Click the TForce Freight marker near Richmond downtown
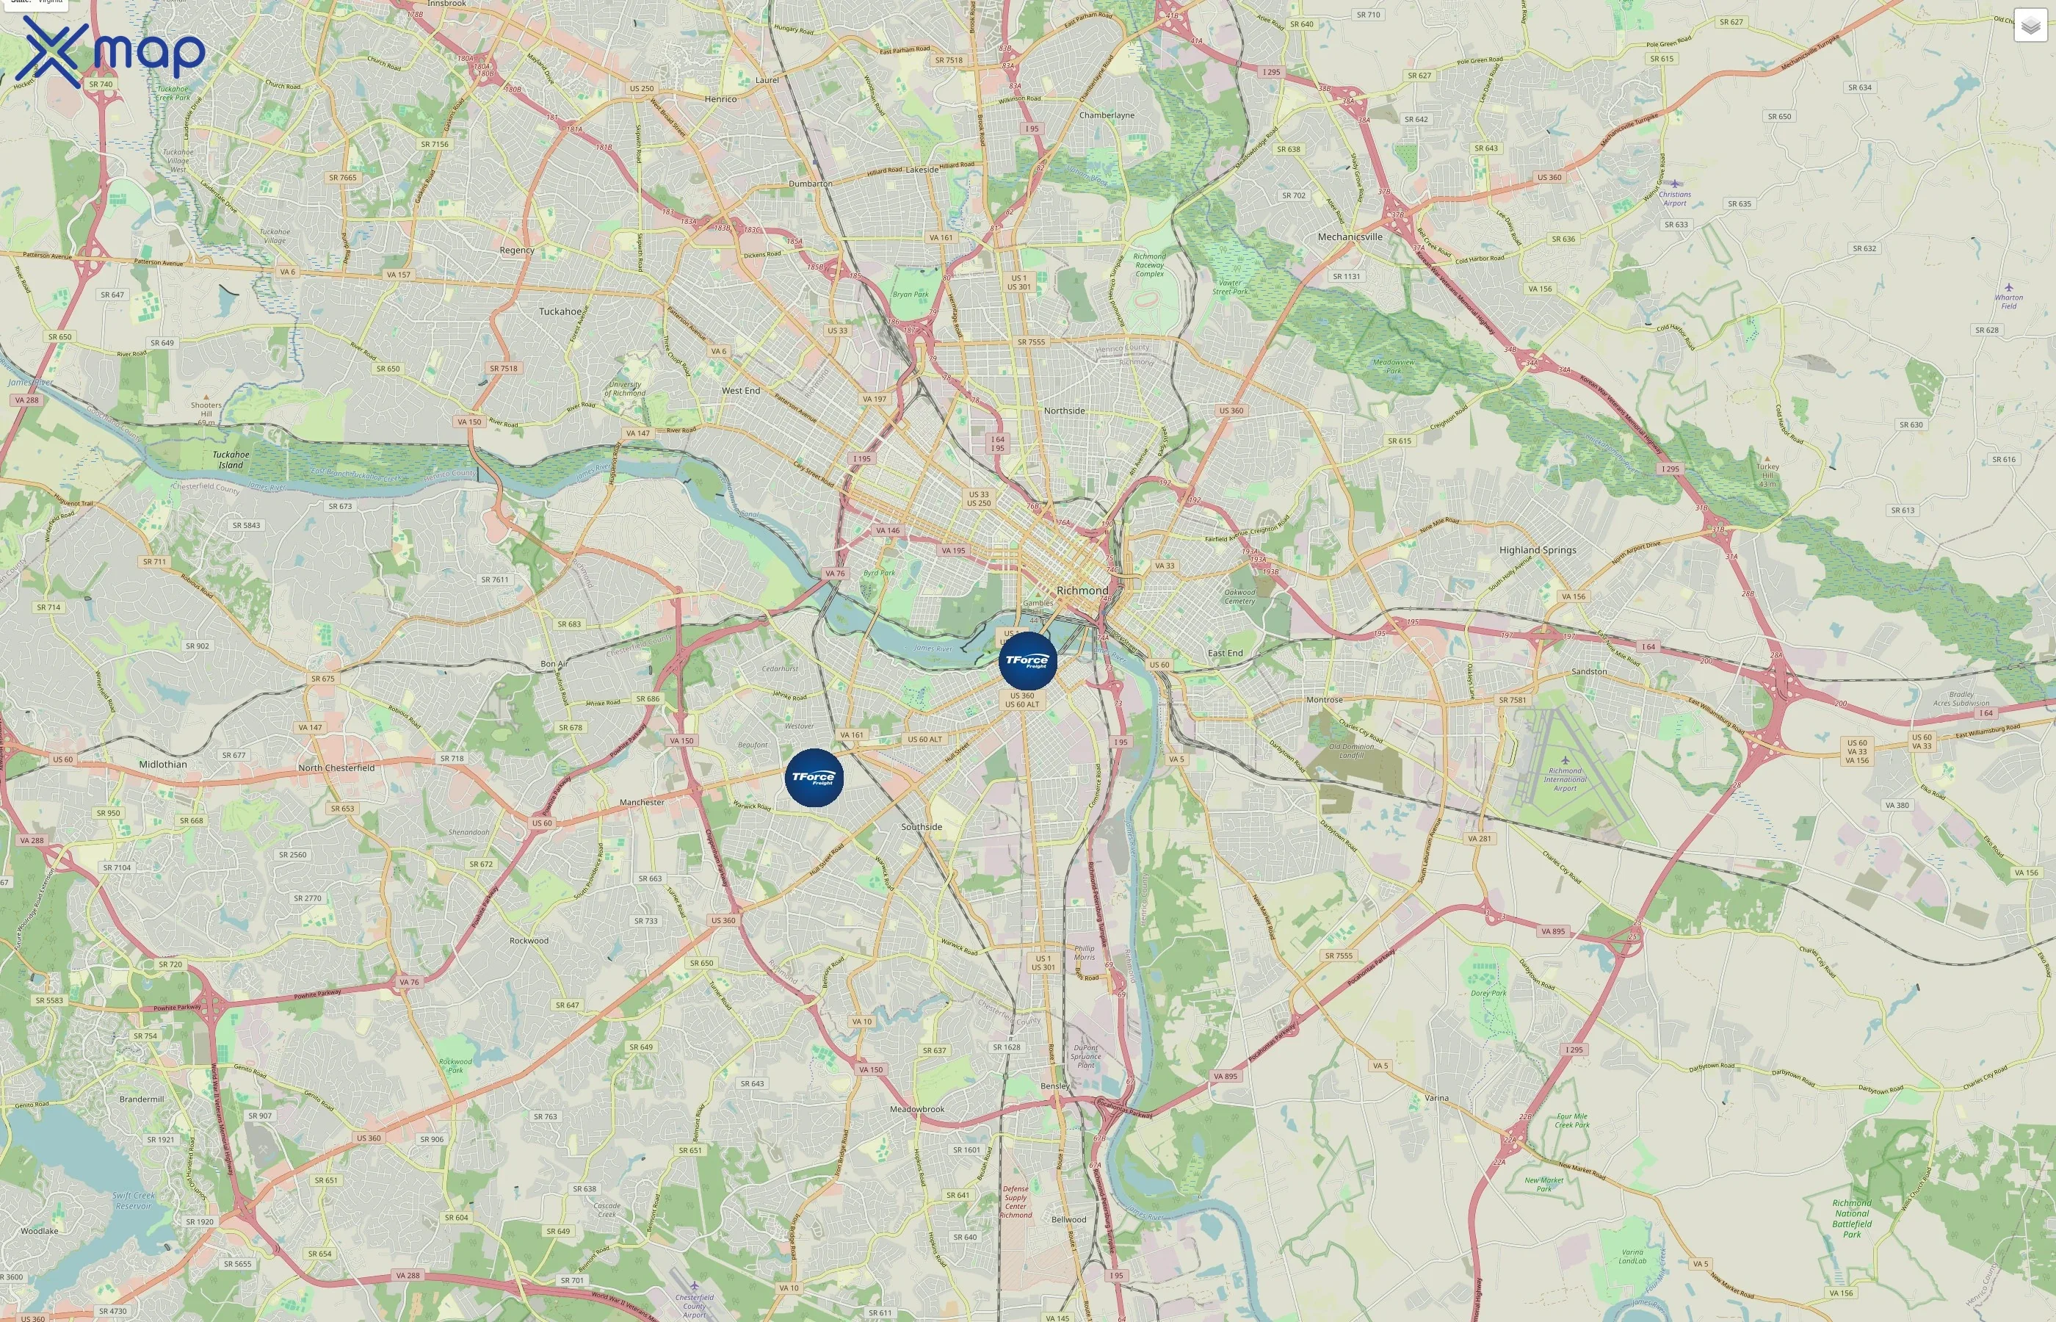coord(1027,660)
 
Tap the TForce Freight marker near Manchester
coord(814,778)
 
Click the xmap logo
coord(110,51)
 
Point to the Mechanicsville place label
coord(1350,237)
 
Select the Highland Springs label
coord(1537,550)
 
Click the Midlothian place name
coord(163,764)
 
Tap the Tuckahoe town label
coord(560,311)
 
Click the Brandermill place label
coord(142,1099)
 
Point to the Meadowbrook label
coord(916,1109)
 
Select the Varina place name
coord(1436,1098)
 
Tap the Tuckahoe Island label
coord(231,460)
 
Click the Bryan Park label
coord(911,295)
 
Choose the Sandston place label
coord(1589,671)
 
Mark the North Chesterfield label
coord(336,767)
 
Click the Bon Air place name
coord(554,664)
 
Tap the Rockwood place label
coord(529,941)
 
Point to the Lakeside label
coord(922,170)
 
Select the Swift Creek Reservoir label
coord(134,1200)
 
